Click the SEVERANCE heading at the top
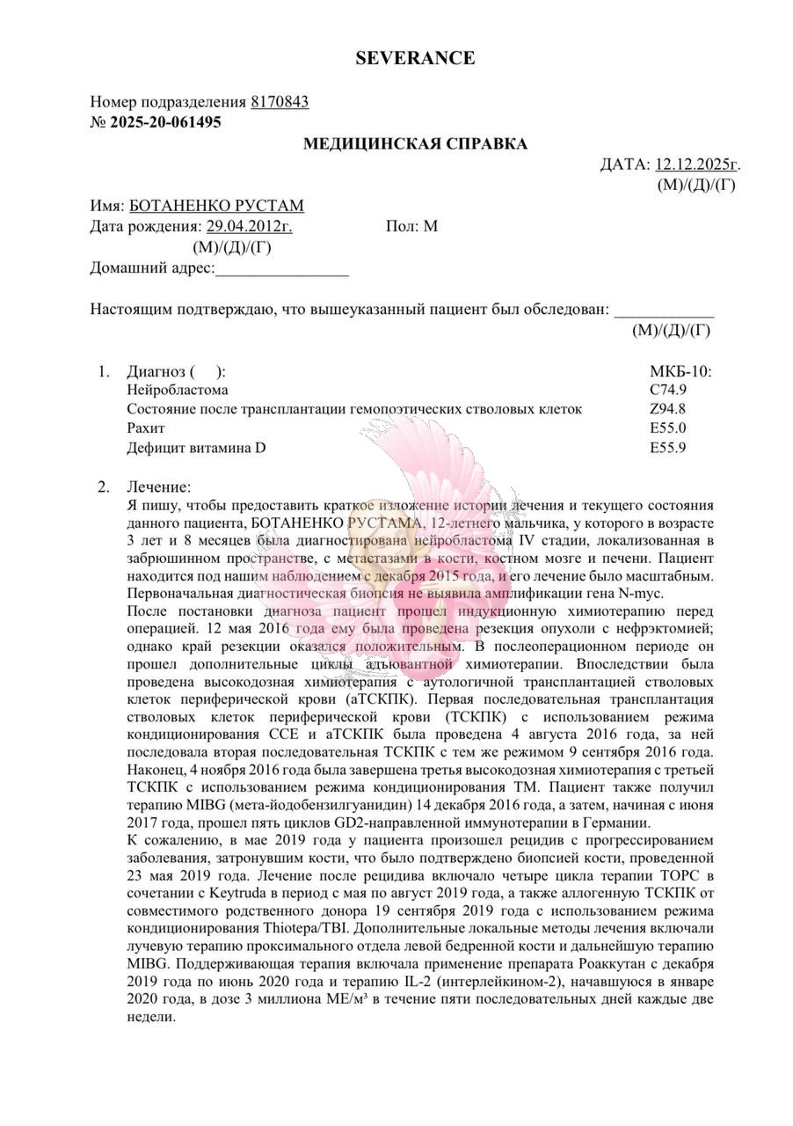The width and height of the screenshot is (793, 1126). coord(415,58)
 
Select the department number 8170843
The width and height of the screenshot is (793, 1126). coord(280,102)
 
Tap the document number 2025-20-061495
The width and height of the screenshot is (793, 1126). coord(165,122)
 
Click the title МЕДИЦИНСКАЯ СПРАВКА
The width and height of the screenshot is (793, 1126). coord(416,143)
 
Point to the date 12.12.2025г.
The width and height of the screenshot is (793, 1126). coord(698,164)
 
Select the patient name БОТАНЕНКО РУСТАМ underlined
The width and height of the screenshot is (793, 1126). coord(216,206)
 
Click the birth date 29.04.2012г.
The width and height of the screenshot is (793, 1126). coord(250,226)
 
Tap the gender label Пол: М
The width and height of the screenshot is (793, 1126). coord(411,226)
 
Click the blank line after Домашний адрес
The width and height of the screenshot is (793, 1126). coord(281,268)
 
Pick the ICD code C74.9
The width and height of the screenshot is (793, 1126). coord(668,390)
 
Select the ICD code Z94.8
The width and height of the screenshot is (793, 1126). coord(668,409)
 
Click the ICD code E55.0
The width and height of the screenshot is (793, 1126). coord(668,428)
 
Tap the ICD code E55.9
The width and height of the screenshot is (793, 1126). coord(668,448)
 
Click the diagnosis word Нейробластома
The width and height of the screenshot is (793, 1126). coord(178,390)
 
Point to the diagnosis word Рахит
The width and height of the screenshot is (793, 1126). coord(146,428)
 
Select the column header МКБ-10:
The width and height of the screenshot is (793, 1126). coord(680,370)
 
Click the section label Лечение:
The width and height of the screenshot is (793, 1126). coord(158,486)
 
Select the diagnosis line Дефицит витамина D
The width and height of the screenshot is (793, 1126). coord(196,448)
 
